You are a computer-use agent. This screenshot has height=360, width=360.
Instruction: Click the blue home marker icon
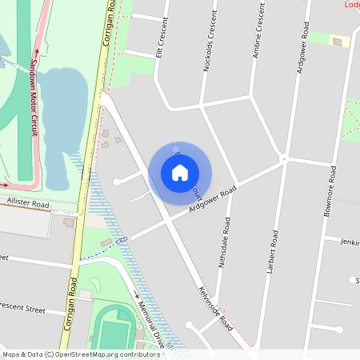coord(180,172)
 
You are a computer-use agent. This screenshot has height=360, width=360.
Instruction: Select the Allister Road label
coord(28,206)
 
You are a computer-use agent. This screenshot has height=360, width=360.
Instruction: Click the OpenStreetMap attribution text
coord(80,354)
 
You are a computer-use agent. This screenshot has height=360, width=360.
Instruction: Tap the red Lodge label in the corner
coord(352,4)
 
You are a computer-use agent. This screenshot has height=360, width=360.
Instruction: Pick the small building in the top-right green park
coord(338,40)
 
